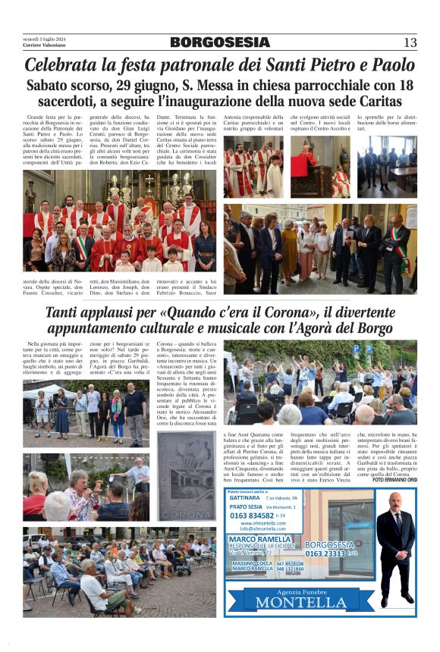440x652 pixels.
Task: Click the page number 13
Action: point(410,42)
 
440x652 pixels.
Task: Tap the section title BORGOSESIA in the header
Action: point(219,42)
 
